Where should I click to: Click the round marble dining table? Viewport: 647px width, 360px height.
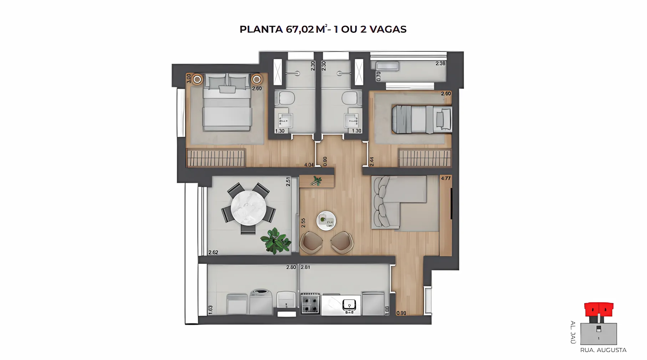(x=248, y=208)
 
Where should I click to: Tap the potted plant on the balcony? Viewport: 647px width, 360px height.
(x=275, y=241)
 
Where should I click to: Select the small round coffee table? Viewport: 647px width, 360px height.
(x=326, y=221)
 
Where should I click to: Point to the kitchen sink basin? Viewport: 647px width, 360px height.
(x=349, y=305)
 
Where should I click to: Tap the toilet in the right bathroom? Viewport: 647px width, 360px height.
(x=350, y=98)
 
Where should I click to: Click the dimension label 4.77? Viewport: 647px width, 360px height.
(x=446, y=178)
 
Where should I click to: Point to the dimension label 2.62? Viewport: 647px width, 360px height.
(x=213, y=252)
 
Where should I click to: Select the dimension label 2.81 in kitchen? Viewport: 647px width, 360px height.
(x=305, y=267)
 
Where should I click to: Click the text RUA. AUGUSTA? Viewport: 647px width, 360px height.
(x=603, y=350)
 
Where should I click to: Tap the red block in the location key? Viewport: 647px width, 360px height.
(x=598, y=309)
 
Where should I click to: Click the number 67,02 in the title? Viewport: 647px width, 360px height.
(x=300, y=29)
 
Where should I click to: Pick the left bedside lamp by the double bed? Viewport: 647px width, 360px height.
(x=197, y=79)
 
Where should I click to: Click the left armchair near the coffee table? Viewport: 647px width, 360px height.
(x=311, y=242)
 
